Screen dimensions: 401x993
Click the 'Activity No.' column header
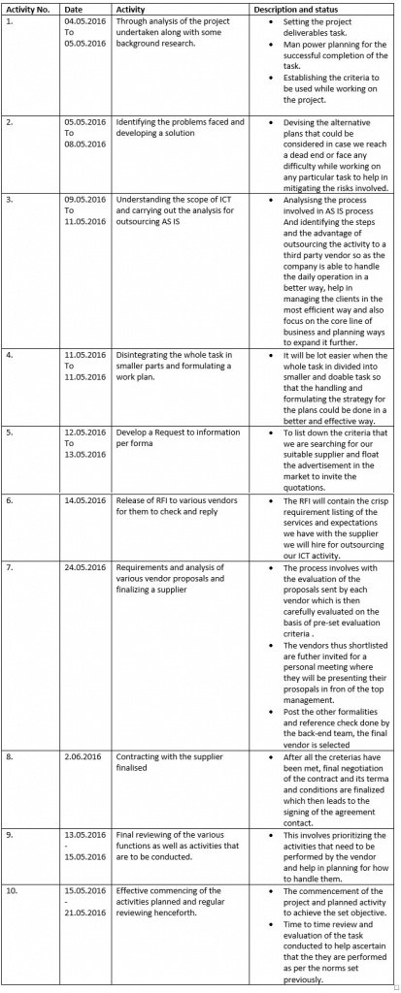pyautogui.click(x=27, y=8)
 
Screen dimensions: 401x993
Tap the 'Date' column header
pyautogui.click(x=73, y=8)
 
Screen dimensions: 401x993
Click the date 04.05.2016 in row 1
pyautogui.click(x=84, y=19)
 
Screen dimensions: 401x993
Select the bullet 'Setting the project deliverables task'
pyautogui.click(x=324, y=24)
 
